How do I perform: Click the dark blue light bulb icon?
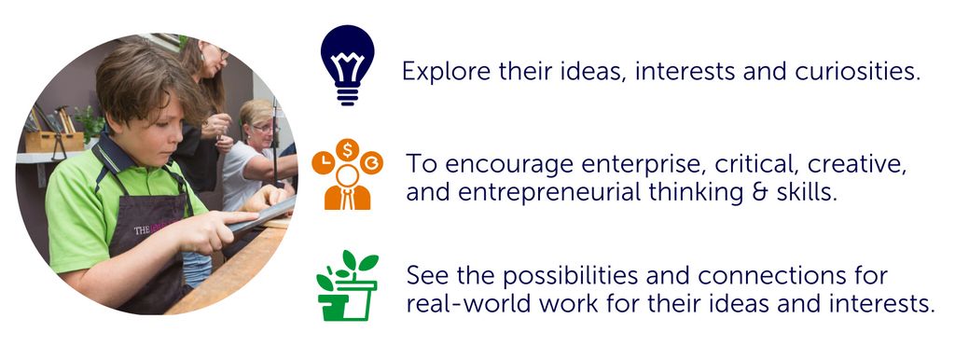click(x=347, y=64)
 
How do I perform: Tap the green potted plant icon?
click(x=347, y=285)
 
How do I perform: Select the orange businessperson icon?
click(x=347, y=174)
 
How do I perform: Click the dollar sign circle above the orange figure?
click(x=347, y=150)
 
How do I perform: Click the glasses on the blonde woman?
click(x=262, y=129)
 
